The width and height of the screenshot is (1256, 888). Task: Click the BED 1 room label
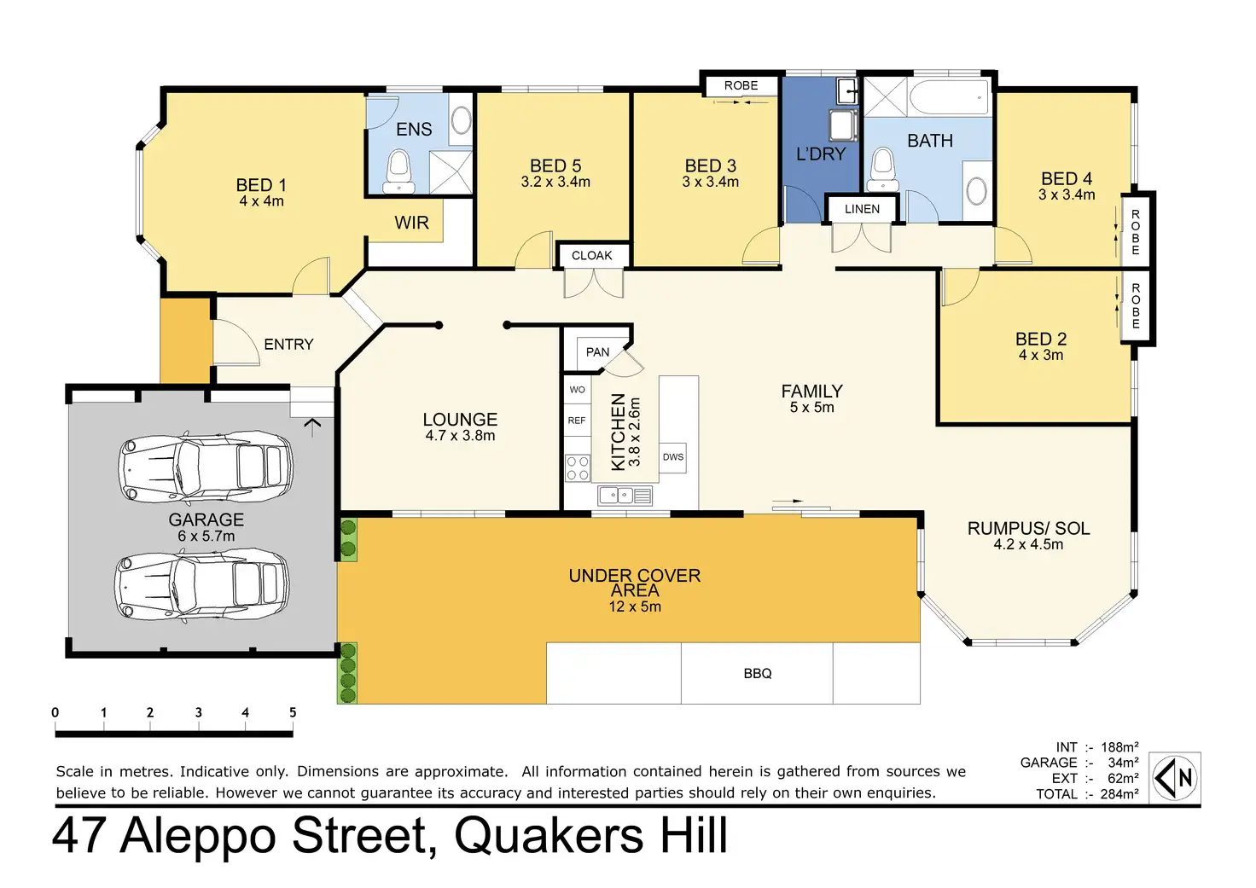pyautogui.click(x=261, y=184)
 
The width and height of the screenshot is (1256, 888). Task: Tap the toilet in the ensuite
pyautogui.click(x=399, y=171)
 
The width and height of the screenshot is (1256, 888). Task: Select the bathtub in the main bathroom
pyautogui.click(x=949, y=97)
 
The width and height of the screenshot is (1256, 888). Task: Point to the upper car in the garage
pyautogui.click(x=206, y=467)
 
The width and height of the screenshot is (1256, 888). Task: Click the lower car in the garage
pyautogui.click(x=202, y=587)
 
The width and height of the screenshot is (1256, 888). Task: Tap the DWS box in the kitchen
pyautogui.click(x=673, y=457)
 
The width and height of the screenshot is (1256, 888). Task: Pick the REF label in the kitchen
pyautogui.click(x=577, y=421)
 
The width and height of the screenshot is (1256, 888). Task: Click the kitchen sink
pyautogui.click(x=625, y=496)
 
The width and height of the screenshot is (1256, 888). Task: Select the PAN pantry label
pyautogui.click(x=597, y=352)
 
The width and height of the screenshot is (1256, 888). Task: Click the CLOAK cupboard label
pyautogui.click(x=592, y=256)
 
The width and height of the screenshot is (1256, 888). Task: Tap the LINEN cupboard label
pyautogui.click(x=863, y=209)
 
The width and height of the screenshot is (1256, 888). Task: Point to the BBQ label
pyautogui.click(x=758, y=673)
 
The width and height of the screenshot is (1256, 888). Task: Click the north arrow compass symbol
pyautogui.click(x=1175, y=778)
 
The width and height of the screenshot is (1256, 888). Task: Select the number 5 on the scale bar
pyautogui.click(x=293, y=712)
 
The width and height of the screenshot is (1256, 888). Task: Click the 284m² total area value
pyautogui.click(x=1119, y=794)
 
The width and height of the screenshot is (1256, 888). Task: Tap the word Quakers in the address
pyautogui.click(x=549, y=836)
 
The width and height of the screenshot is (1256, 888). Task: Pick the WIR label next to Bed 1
pyautogui.click(x=411, y=223)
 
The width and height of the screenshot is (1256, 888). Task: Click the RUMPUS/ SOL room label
pyautogui.click(x=1029, y=528)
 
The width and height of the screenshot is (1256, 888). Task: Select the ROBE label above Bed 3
pyautogui.click(x=741, y=85)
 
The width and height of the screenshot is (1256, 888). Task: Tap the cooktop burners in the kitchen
pyautogui.click(x=577, y=468)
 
